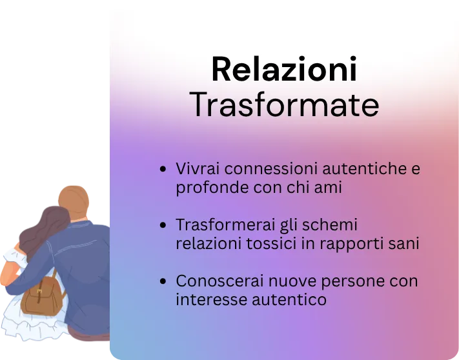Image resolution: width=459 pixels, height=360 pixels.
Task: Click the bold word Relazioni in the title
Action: pos(284,69)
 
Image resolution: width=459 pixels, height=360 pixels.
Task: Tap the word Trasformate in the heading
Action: pos(284,105)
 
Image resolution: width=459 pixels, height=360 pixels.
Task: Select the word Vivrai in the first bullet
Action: pos(198,168)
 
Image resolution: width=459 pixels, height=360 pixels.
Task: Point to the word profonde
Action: pos(212,188)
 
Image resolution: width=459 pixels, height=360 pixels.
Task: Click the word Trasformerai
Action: pos(225,225)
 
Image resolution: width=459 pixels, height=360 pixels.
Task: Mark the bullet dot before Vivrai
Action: pos(163,169)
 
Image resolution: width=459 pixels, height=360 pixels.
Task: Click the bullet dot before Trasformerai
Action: pos(163,225)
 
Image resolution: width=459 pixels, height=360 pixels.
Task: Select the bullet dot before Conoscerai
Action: pos(163,281)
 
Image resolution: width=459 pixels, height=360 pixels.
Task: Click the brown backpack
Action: pos(43,295)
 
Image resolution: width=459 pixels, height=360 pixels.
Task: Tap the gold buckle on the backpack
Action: pos(39,292)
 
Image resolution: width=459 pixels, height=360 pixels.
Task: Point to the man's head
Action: pos(74,201)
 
